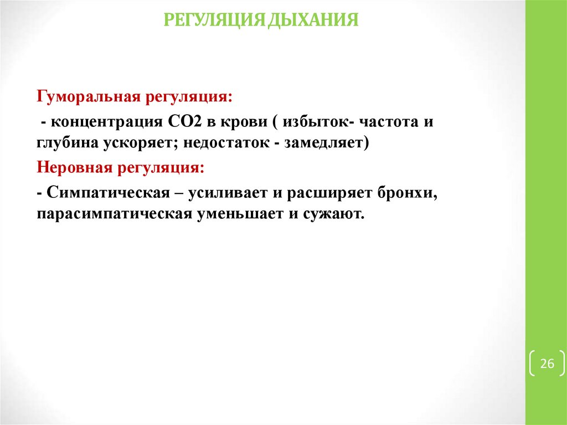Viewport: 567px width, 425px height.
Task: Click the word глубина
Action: [x=67, y=144]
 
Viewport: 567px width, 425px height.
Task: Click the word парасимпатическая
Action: [x=115, y=214]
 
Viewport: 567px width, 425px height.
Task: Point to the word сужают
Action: [x=334, y=214]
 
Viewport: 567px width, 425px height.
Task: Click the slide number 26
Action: [x=547, y=364]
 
